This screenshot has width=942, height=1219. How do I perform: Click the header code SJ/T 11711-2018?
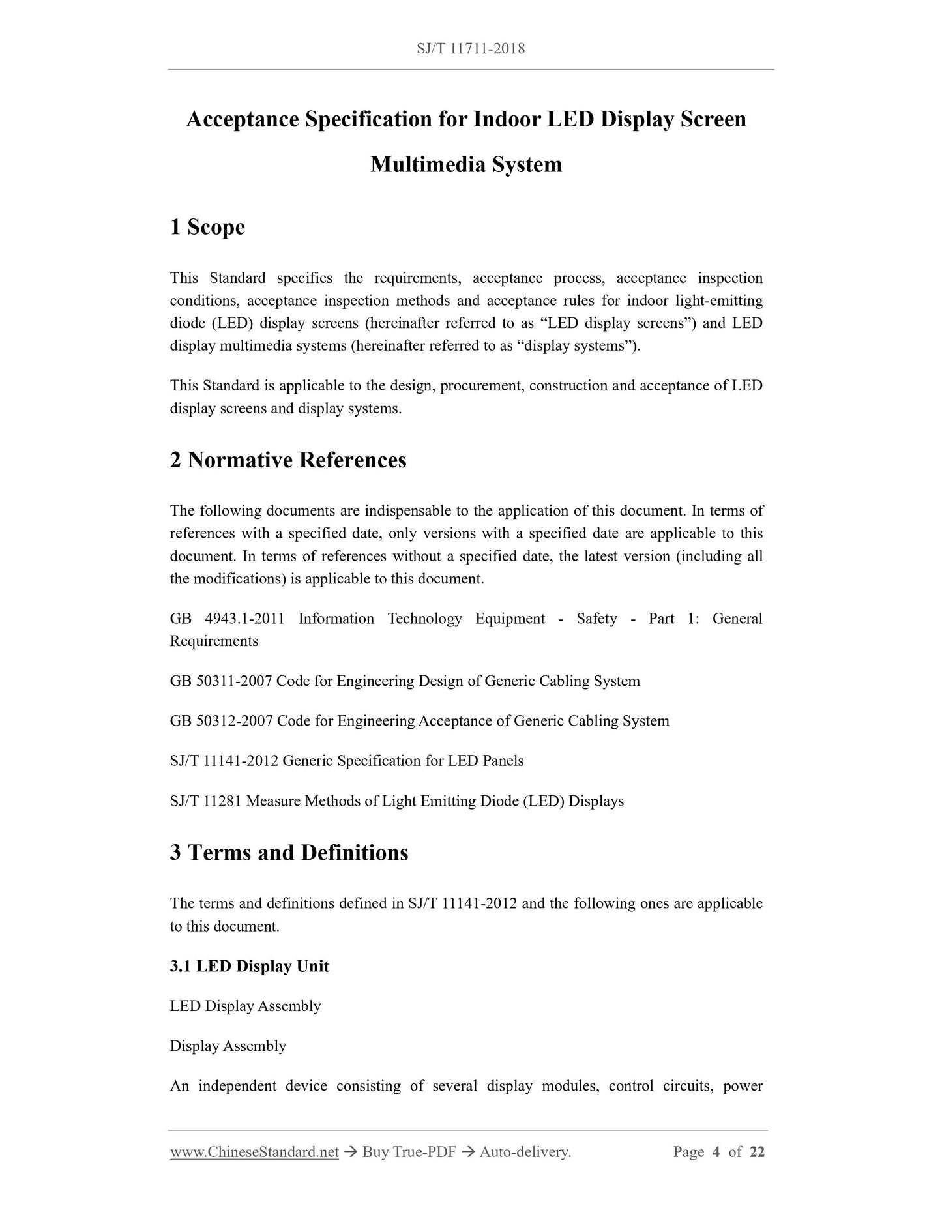point(470,48)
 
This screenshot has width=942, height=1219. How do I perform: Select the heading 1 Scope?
point(207,227)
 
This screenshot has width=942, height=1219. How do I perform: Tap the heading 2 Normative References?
point(287,460)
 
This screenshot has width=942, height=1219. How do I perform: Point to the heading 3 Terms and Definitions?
point(289,853)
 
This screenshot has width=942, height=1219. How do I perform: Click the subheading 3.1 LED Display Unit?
point(249,966)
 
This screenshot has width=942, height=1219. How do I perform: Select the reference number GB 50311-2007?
point(221,681)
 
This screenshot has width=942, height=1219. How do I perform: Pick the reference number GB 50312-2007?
point(221,721)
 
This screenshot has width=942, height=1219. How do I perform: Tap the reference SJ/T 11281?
point(205,801)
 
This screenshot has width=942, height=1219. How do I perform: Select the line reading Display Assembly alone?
point(228,1046)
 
